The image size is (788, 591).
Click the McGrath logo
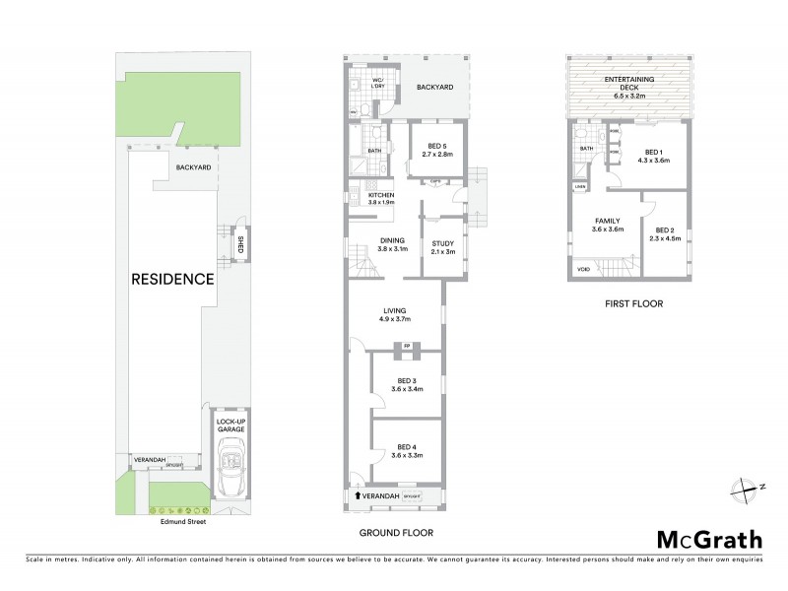coord(709,539)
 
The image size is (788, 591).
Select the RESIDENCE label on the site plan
coord(172,279)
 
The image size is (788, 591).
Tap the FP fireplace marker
coord(406,346)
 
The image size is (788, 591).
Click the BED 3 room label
coord(401,384)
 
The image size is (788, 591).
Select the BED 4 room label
coord(401,451)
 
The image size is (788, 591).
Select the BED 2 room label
coord(664,232)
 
